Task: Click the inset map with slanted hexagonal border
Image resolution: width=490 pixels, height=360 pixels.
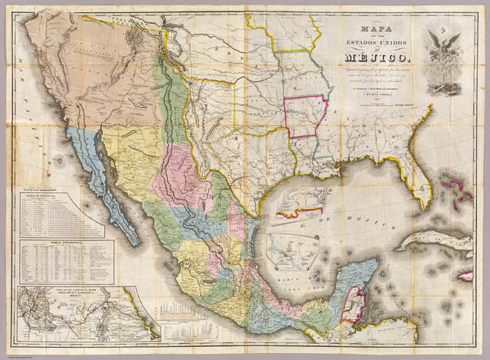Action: click(293, 250)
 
